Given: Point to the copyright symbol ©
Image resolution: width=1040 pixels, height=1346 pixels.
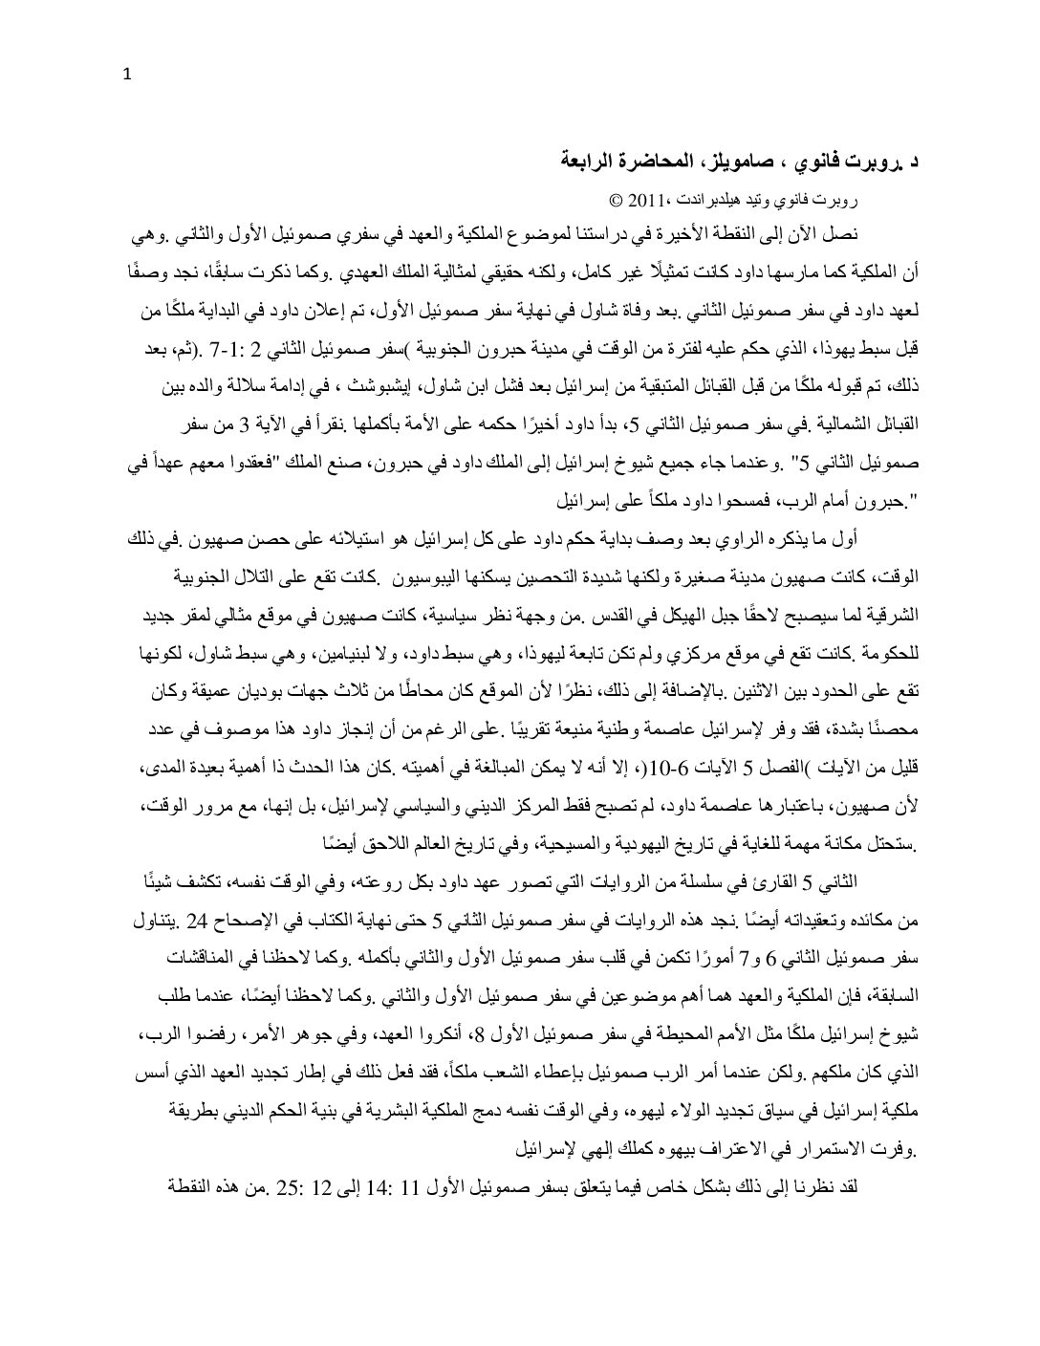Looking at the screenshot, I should coord(616,203).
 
